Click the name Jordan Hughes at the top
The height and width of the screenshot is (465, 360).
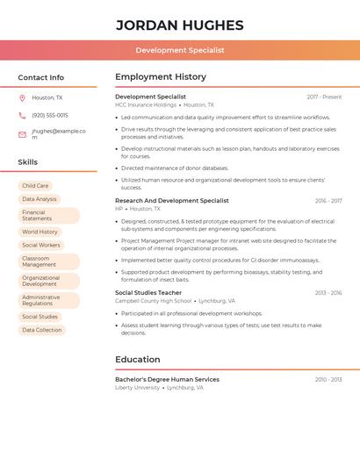coord(179,25)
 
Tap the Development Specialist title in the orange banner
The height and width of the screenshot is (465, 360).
coord(179,50)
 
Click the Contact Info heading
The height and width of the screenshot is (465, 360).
coord(40,77)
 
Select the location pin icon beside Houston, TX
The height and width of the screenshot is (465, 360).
coord(22,98)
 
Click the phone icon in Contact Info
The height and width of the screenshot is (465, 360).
coord(22,115)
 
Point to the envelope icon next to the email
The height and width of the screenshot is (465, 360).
coord(22,134)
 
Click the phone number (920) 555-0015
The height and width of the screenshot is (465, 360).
coord(50,115)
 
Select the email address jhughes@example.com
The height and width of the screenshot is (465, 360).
coord(58,134)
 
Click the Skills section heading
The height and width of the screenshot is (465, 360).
coord(28,162)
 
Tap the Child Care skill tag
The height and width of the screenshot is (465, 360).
coord(36,186)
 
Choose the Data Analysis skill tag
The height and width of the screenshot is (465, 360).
coord(40,199)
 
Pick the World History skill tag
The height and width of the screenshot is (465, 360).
coord(40,232)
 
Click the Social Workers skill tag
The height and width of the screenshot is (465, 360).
coord(41,245)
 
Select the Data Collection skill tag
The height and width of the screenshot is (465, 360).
coord(42,330)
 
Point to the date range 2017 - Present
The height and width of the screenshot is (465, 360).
coord(324,97)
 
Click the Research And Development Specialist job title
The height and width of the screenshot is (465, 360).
coord(171,201)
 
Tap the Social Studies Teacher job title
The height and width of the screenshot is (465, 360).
coord(148,293)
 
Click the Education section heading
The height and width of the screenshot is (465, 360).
coord(138,359)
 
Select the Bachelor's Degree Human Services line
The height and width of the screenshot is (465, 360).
coord(167,379)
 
